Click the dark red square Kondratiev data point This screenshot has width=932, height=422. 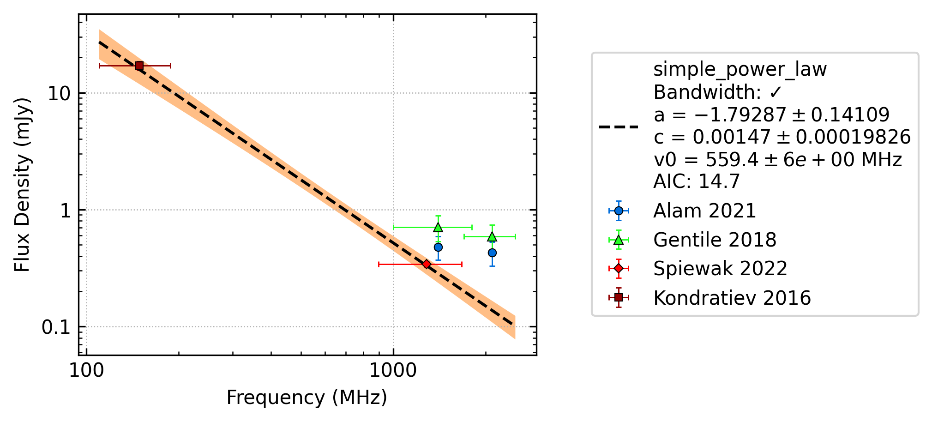pos(139,66)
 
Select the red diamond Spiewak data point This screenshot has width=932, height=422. pos(427,264)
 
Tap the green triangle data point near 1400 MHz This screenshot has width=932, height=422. pos(438,227)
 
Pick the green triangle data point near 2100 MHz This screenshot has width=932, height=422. pos(492,236)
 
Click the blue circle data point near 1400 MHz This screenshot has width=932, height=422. pos(438,247)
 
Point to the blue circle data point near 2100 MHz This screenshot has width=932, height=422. pos(492,253)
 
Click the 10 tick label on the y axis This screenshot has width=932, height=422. pos(59,94)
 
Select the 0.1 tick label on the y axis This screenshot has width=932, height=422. pos(56,327)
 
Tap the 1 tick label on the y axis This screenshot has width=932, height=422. pos(66,211)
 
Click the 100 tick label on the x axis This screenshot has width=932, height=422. pos(86,370)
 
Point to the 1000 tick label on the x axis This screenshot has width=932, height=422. pos(393,370)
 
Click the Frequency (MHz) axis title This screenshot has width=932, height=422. pos(307,398)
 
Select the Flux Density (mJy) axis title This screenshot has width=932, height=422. pos(22,185)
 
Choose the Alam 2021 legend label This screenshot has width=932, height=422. pos(705,211)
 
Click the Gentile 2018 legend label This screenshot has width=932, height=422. pos(715,240)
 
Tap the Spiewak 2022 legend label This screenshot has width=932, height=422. pos(721,269)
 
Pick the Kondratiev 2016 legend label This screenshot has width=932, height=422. pos(732,298)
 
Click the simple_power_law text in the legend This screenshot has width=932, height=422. pos(740,70)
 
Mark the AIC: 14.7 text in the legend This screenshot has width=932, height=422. pos(697,181)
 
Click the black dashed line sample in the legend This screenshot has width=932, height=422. pos(619,127)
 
